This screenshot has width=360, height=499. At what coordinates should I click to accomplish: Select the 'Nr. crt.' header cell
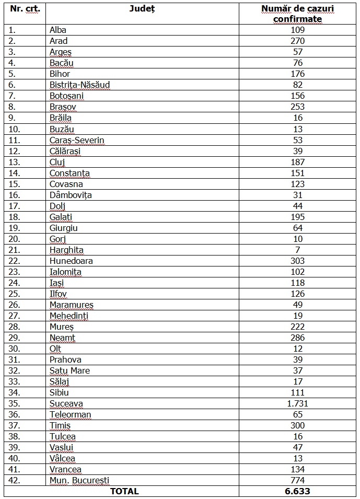25,9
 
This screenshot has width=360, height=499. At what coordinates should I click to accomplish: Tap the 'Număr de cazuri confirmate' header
298,14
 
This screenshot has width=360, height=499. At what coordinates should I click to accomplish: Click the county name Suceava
66,403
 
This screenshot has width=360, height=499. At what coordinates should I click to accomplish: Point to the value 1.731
298,403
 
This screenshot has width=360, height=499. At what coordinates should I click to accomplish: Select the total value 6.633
298,491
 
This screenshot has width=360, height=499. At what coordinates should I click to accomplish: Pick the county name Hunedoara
71,261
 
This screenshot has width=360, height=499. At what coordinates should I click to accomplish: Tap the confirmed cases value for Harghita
298,250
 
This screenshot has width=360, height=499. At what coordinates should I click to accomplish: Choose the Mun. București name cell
79,480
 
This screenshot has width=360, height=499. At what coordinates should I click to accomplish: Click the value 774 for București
298,480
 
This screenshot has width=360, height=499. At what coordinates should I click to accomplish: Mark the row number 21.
13,250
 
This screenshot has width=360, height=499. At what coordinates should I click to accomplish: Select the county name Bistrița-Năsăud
79,85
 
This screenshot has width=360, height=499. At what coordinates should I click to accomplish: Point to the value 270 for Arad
298,41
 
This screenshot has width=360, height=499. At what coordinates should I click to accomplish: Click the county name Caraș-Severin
77,140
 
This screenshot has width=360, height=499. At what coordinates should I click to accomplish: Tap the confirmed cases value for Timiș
298,425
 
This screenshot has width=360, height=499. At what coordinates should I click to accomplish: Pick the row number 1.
11,30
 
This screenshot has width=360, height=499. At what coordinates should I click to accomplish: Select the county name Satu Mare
69,370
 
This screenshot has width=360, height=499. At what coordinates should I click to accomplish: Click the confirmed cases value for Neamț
298,338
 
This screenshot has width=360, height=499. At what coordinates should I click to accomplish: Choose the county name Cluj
57,162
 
